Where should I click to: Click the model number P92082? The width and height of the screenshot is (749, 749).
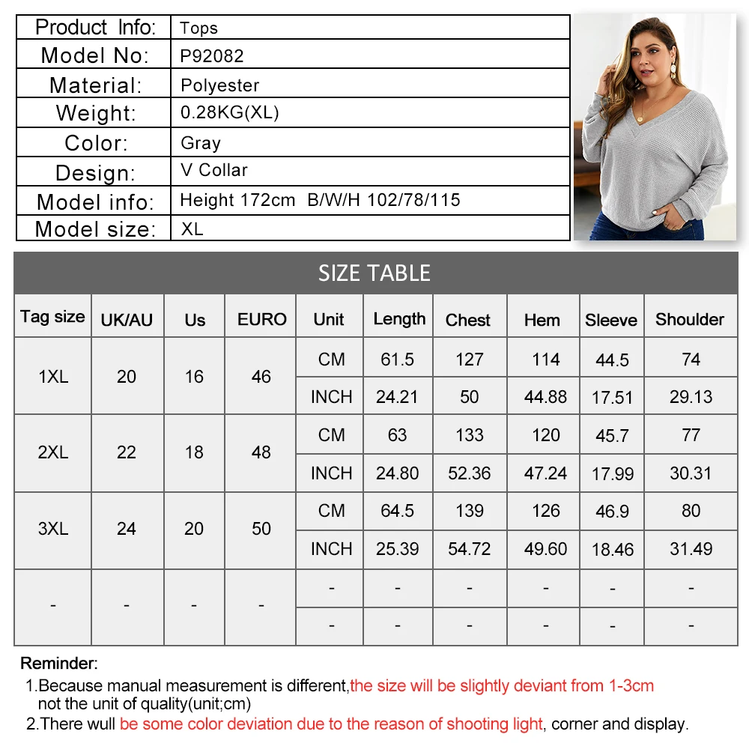(x=212, y=56)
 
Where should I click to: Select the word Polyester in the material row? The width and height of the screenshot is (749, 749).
(x=220, y=85)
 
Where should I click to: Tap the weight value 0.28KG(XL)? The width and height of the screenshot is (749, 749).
(x=230, y=113)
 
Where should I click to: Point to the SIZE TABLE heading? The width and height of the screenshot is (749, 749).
(x=374, y=273)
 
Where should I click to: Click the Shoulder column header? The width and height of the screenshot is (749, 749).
(x=690, y=319)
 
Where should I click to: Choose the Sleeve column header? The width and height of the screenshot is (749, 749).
(x=611, y=320)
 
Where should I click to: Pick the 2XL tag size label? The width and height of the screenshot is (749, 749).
(x=53, y=452)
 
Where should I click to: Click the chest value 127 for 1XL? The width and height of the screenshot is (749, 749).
(x=470, y=359)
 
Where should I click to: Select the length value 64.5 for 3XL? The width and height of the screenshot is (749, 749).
(x=398, y=511)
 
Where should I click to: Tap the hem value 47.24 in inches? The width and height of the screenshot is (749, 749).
(x=546, y=473)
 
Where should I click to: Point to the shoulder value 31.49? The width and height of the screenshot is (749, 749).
(x=691, y=549)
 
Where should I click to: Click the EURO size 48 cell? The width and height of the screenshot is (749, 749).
(x=261, y=452)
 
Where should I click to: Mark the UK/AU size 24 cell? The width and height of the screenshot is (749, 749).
(x=127, y=529)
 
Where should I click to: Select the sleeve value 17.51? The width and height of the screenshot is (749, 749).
(x=613, y=398)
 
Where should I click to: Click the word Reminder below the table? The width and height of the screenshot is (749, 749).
(x=58, y=663)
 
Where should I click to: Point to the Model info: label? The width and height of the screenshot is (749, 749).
(x=95, y=202)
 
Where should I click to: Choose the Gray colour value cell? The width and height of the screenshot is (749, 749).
(x=201, y=142)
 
